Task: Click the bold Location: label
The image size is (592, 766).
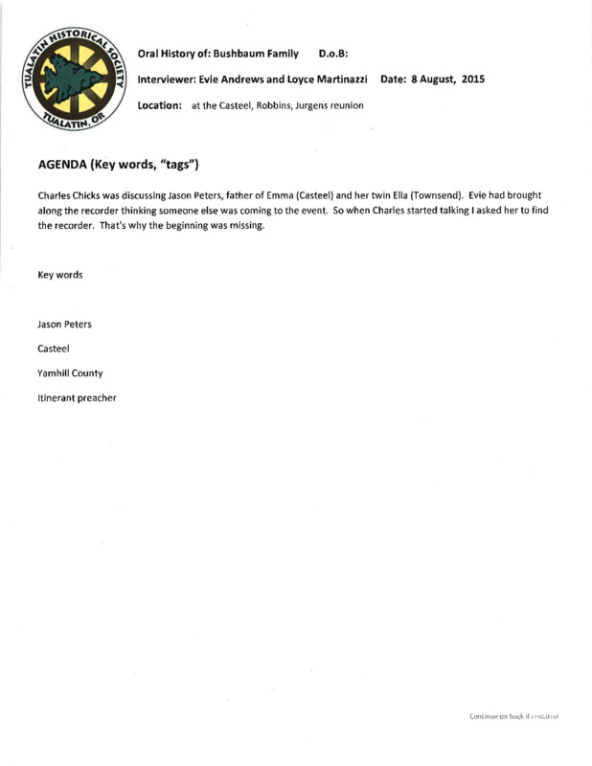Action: point(160,104)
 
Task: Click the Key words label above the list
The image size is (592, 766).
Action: point(59,275)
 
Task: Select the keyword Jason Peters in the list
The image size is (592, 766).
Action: point(64,325)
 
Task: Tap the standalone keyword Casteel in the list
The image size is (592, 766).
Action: point(54,349)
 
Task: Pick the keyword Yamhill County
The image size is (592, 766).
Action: point(70,372)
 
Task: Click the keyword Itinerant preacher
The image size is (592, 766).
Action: point(77,397)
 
